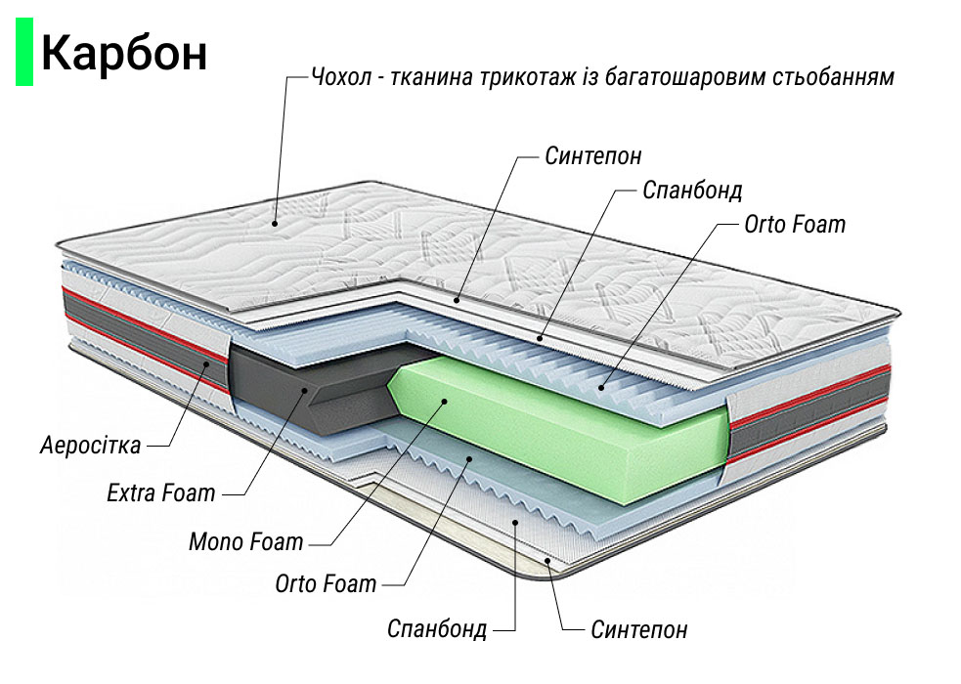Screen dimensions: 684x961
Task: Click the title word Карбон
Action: point(123,54)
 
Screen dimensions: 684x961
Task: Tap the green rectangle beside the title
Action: point(24,54)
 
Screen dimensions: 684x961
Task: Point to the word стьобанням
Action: point(833,76)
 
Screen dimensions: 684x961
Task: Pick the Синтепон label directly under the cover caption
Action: point(593,156)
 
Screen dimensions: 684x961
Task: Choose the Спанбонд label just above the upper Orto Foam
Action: point(692,190)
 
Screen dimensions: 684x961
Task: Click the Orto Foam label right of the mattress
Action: point(795,225)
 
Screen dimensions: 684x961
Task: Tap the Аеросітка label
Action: point(91,446)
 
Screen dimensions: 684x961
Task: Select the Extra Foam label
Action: point(161,492)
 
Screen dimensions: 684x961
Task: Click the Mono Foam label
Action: point(245,540)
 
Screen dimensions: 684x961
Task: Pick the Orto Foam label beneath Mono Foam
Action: point(326,584)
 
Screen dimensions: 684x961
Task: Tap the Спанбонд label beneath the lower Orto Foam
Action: point(437,628)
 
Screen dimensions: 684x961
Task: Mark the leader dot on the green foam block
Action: point(442,401)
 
